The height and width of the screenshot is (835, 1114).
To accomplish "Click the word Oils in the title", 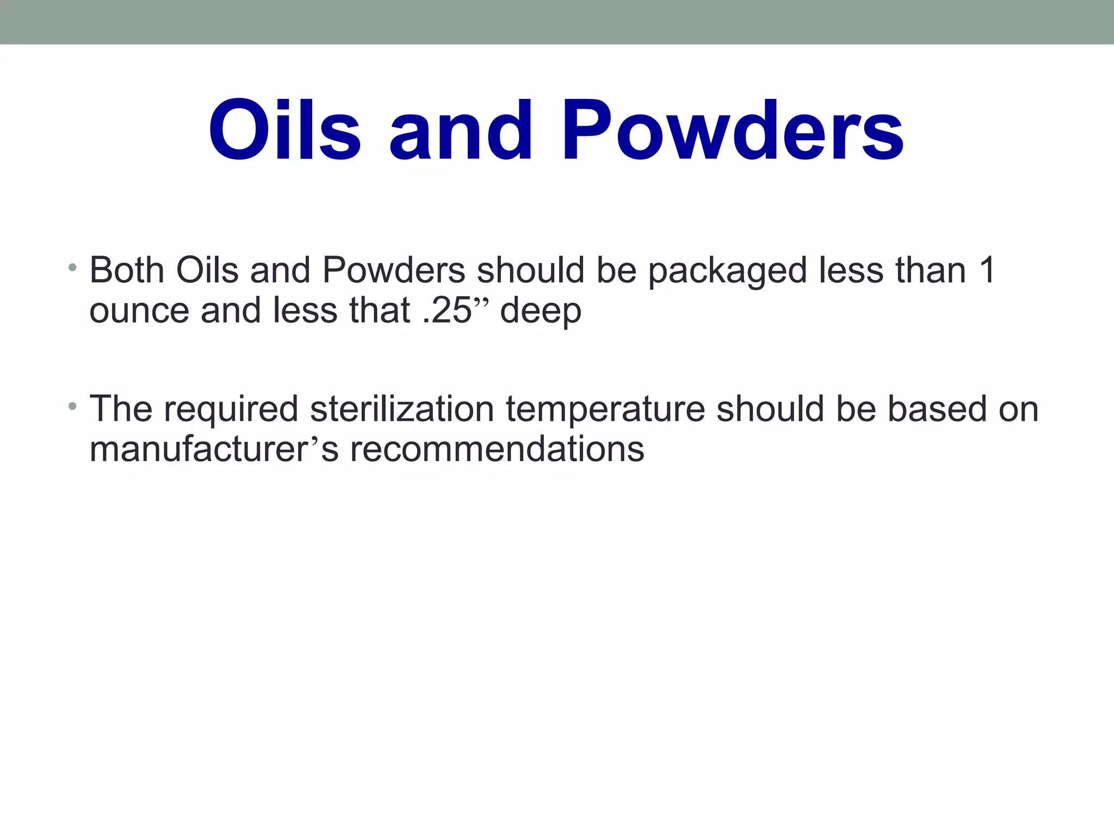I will coord(284,130).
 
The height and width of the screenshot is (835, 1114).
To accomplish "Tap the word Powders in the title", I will coord(732,130).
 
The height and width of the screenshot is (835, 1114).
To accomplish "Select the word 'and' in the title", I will coord(460,130).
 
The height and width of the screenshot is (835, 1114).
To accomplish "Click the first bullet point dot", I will coord(72,267).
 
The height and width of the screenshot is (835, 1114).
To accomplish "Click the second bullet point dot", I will coord(72,406).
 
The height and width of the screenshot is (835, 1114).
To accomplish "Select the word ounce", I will coord(139,311).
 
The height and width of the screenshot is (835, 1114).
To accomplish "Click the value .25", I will coord(447,311).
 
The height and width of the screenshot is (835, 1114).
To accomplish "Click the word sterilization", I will coord(401,409).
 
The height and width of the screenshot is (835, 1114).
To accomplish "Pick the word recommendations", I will coord(497,450).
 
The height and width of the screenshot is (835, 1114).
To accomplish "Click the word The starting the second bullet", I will coord(121,409).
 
